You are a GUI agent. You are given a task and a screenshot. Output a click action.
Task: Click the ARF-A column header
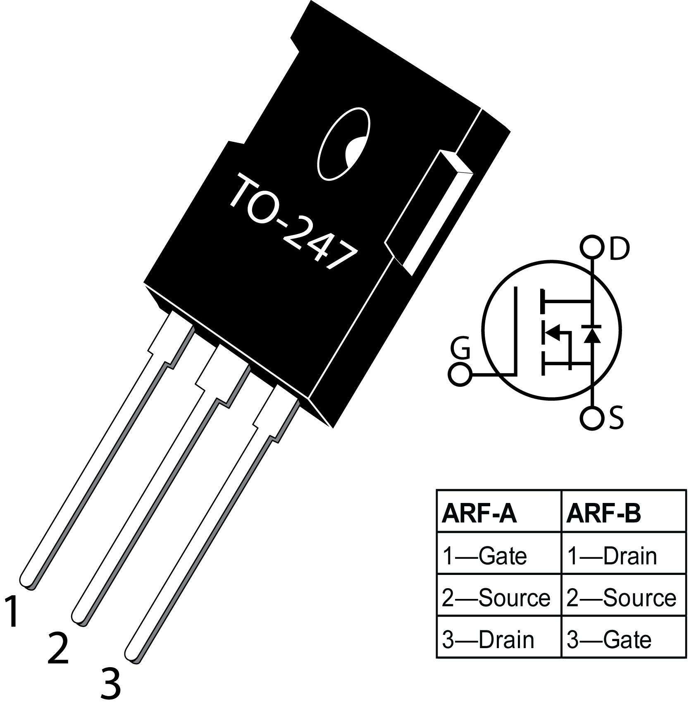tap(479, 514)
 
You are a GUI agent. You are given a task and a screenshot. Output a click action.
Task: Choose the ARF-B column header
tap(603, 514)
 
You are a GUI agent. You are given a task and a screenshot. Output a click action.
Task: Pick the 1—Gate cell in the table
tap(484, 556)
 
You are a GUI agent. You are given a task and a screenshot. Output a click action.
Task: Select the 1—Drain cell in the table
tap(612, 556)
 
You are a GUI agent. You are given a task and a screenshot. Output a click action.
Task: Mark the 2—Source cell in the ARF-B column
tap(621, 598)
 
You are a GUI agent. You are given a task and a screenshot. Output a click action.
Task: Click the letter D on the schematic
tap(619, 249)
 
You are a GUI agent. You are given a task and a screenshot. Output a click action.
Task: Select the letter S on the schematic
tap(616, 418)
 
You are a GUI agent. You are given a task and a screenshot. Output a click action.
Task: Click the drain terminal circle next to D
tap(592, 247)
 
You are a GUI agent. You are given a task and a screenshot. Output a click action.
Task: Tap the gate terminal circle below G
tap(460, 375)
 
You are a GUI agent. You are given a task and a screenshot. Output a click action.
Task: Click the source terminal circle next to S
tap(592, 418)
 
